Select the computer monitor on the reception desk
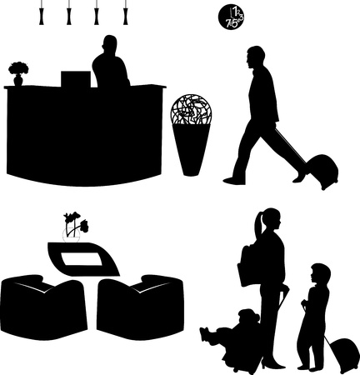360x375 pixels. click(x=76, y=78)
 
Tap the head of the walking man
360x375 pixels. click(x=257, y=57)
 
